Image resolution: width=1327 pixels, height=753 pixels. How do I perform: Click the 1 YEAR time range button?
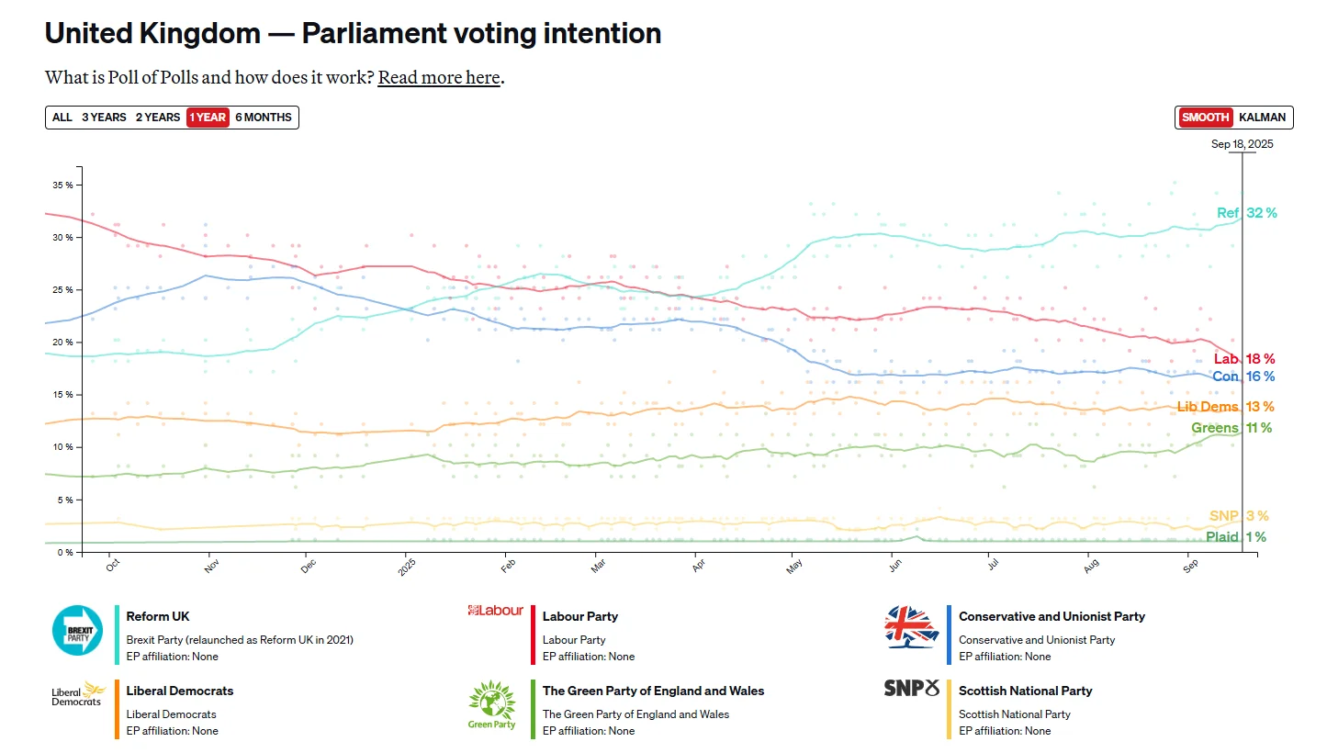(x=207, y=118)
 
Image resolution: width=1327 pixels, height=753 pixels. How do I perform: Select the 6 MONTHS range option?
(x=264, y=118)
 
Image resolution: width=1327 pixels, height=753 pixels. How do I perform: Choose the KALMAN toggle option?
(x=1263, y=118)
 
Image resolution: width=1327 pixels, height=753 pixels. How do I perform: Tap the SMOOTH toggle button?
(x=1205, y=118)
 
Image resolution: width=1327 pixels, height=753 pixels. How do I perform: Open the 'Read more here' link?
(x=439, y=77)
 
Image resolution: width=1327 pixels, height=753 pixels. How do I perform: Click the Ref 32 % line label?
(x=1246, y=213)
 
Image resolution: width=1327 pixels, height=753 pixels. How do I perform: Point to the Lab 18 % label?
(x=1243, y=359)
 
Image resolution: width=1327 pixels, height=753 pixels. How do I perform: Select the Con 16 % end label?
(x=1243, y=376)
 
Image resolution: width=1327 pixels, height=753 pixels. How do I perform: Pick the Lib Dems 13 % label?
(x=1225, y=407)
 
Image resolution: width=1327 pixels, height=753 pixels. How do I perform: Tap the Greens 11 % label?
(x=1231, y=428)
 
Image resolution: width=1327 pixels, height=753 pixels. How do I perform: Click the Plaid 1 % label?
(x=1236, y=537)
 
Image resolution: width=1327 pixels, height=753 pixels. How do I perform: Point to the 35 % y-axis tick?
(x=63, y=185)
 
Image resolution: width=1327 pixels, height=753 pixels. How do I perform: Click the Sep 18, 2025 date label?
(x=1242, y=144)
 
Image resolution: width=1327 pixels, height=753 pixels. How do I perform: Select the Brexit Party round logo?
(x=77, y=630)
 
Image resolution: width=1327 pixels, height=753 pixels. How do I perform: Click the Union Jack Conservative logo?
(x=911, y=628)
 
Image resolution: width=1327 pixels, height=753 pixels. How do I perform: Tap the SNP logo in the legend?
(x=911, y=688)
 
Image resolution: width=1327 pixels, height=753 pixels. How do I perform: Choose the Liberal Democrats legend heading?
(x=180, y=691)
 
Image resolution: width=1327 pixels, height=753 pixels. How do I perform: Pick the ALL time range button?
(x=62, y=118)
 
